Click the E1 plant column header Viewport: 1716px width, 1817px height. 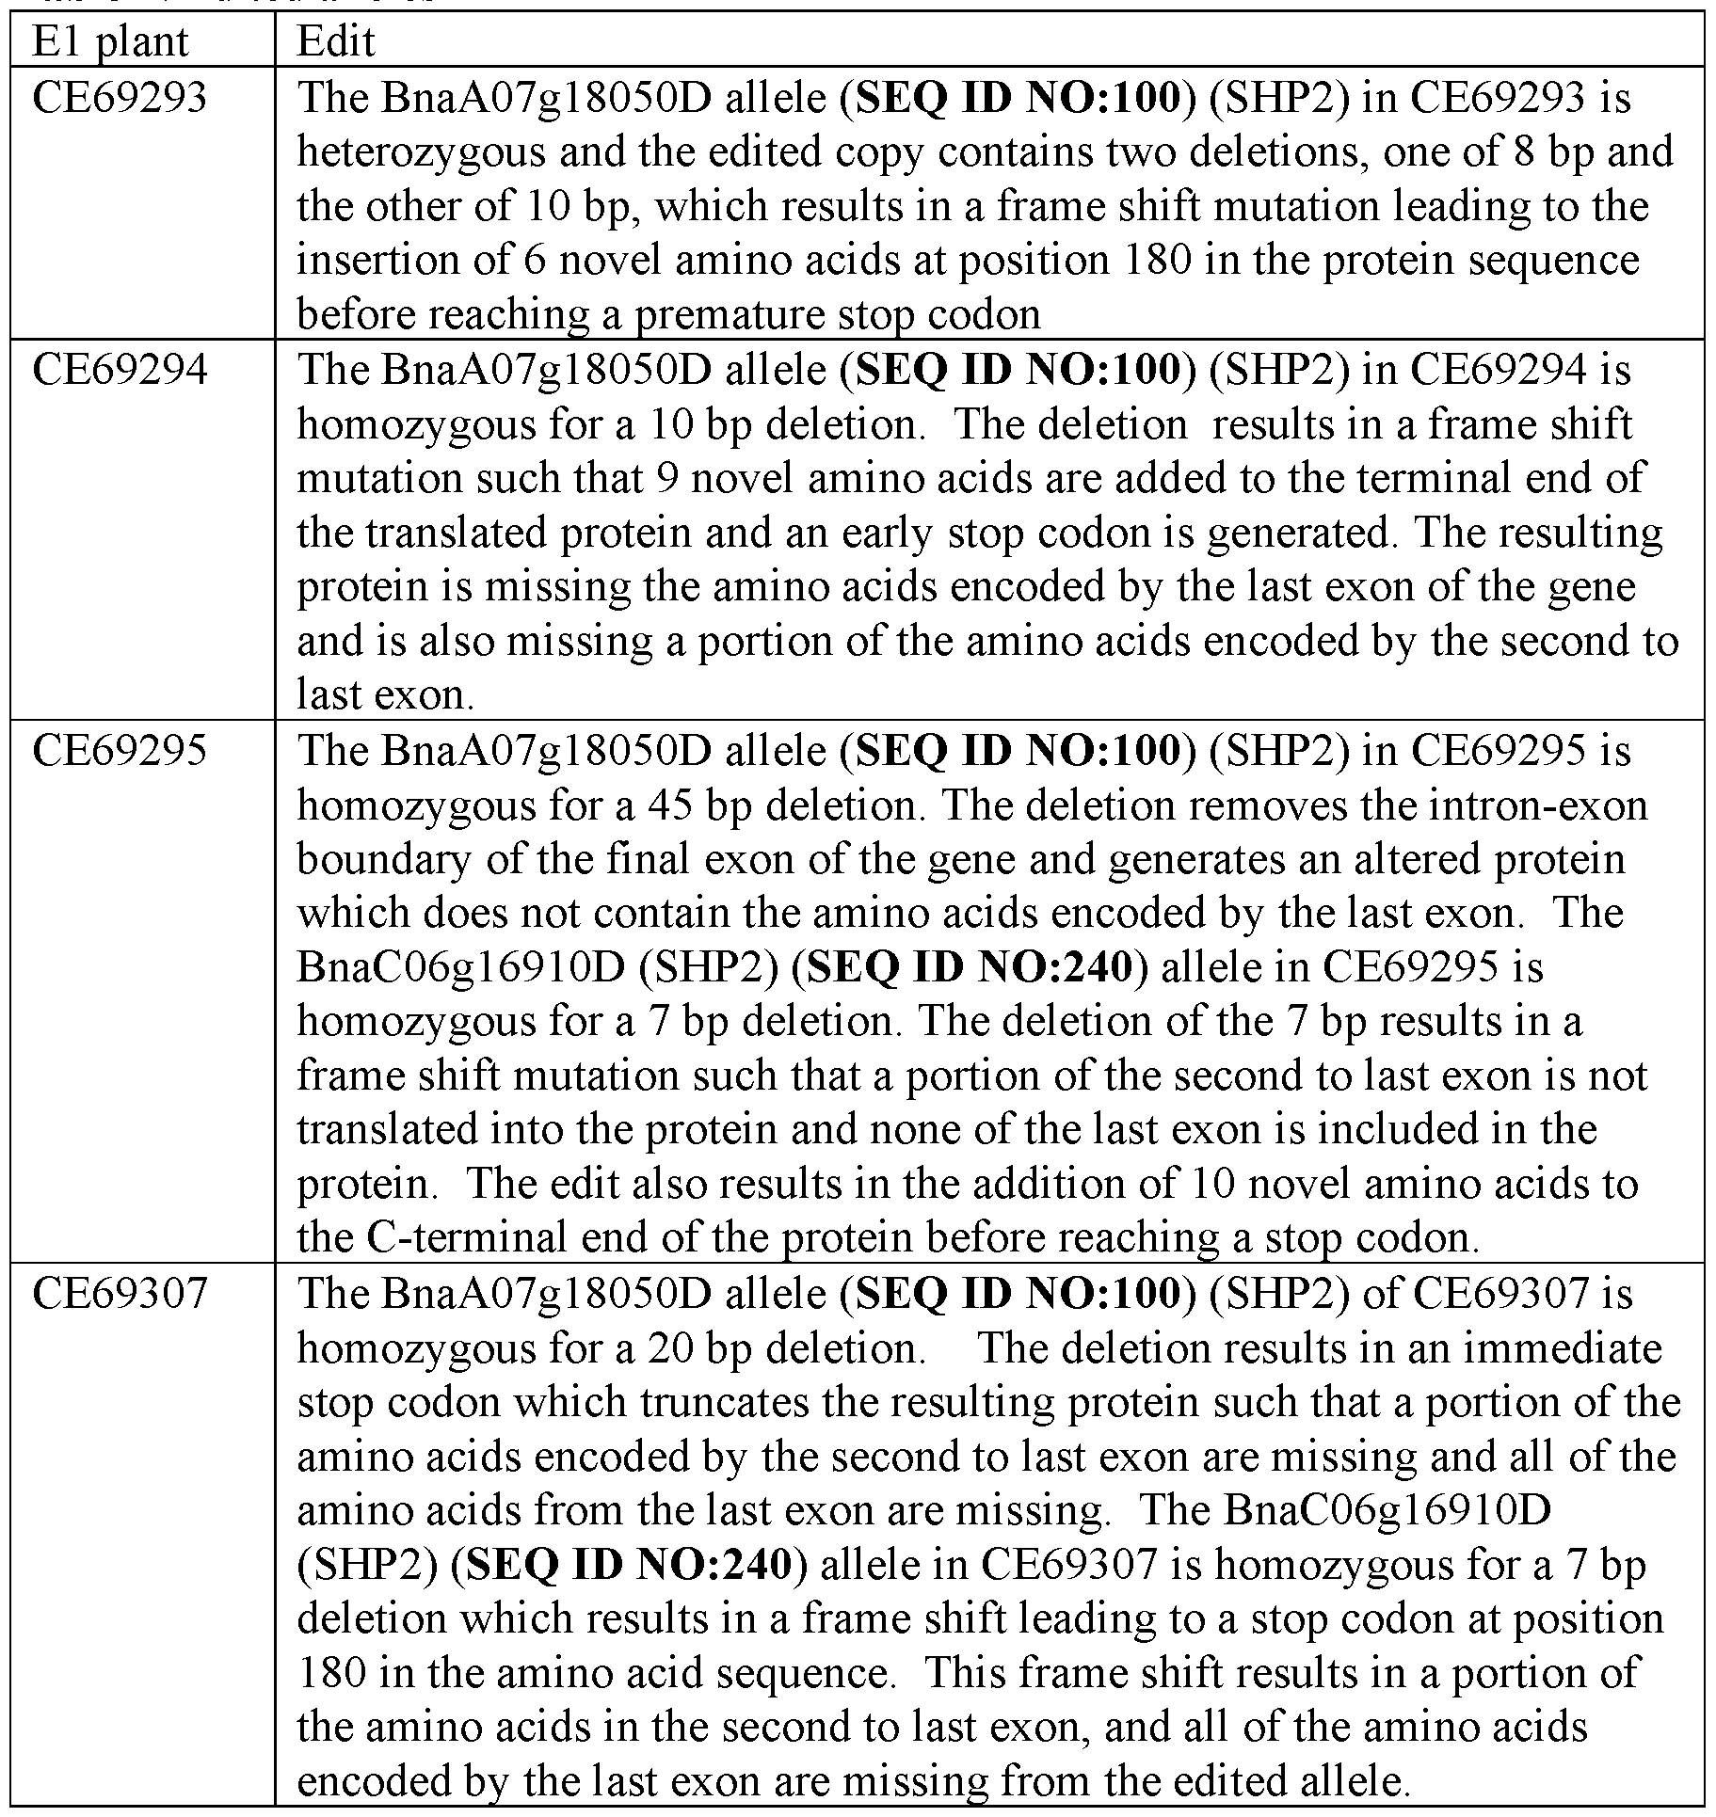[110, 41]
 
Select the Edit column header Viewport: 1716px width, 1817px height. [336, 41]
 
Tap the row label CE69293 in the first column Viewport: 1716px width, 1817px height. [120, 98]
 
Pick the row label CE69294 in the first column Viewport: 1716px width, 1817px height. [120, 370]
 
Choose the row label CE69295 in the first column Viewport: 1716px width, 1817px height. [120, 750]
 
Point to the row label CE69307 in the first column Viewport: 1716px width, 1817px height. [120, 1293]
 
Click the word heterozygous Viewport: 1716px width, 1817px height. [421, 152]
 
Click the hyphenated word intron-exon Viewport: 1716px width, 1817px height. [1538, 805]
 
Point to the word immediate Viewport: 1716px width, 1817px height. [1554, 1348]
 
